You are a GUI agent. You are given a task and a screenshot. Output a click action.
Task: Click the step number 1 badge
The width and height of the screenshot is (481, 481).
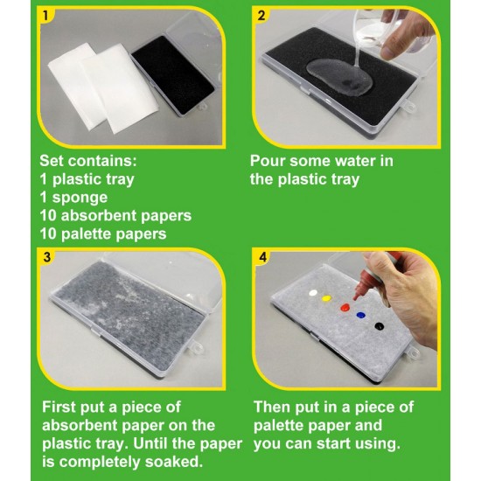tap(45, 16)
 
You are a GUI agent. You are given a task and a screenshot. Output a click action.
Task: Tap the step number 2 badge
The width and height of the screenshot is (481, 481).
tap(261, 16)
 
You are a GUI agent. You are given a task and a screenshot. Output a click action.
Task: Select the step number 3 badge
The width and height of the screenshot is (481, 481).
tap(46, 257)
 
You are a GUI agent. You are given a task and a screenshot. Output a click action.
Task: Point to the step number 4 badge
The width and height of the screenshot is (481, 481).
tap(262, 257)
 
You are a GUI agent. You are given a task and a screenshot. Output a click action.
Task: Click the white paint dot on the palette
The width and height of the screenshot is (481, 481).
tap(313, 293)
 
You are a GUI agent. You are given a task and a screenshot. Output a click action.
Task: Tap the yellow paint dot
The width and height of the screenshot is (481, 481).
tap(326, 298)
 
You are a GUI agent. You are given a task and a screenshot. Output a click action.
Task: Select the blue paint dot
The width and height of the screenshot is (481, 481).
tap(360, 315)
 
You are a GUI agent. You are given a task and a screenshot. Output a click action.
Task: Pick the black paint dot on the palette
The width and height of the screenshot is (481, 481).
tap(380, 326)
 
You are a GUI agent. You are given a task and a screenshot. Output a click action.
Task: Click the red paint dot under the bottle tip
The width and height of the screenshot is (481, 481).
tap(345, 307)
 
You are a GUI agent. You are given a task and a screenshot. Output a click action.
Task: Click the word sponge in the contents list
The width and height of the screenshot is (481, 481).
tap(80, 199)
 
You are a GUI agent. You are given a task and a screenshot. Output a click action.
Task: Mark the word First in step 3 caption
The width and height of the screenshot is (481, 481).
tap(59, 407)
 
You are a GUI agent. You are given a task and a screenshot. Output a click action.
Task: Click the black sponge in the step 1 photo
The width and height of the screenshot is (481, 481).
tap(172, 74)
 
